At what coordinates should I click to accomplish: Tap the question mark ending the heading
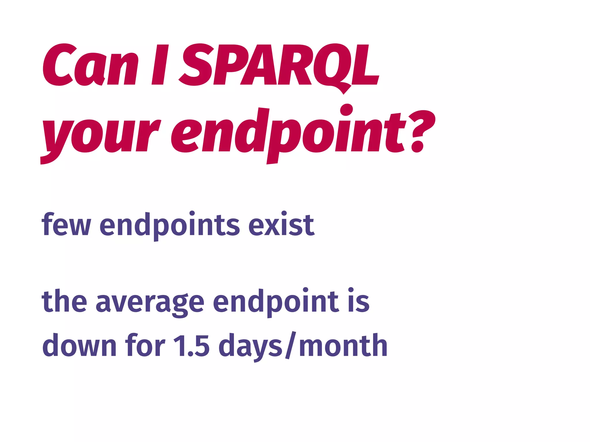tap(422, 131)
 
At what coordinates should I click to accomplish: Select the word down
tap(79, 345)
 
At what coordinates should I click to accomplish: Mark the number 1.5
tap(191, 345)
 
